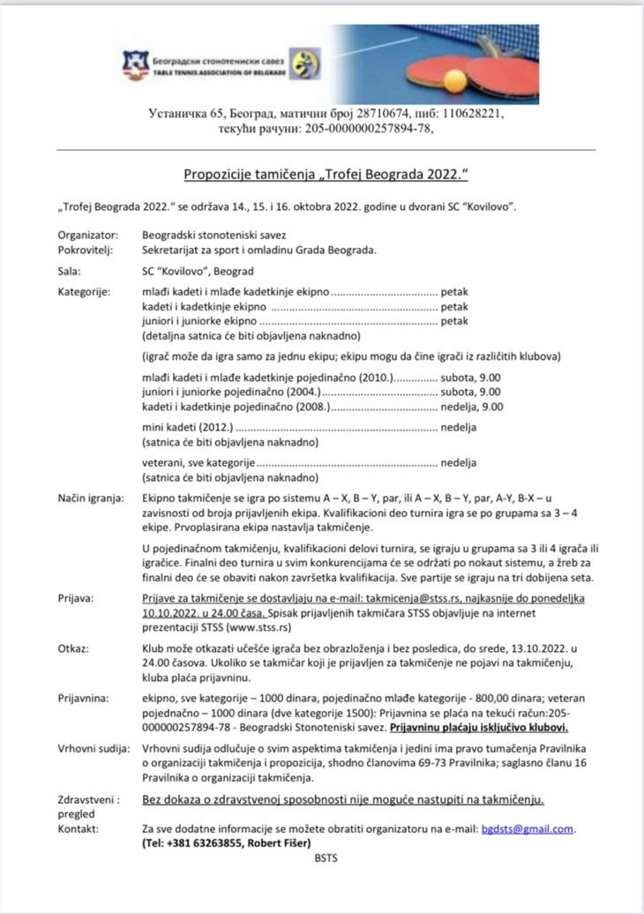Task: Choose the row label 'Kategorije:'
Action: [x=86, y=292]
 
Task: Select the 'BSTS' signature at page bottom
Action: [x=326, y=857]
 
